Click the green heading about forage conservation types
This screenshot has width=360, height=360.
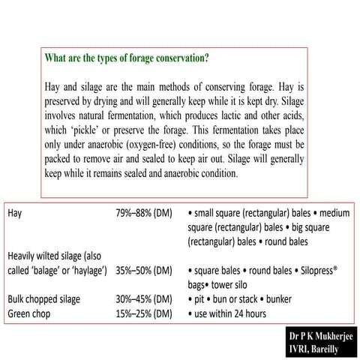[x=127, y=58]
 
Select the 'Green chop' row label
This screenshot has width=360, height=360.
[x=31, y=313]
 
